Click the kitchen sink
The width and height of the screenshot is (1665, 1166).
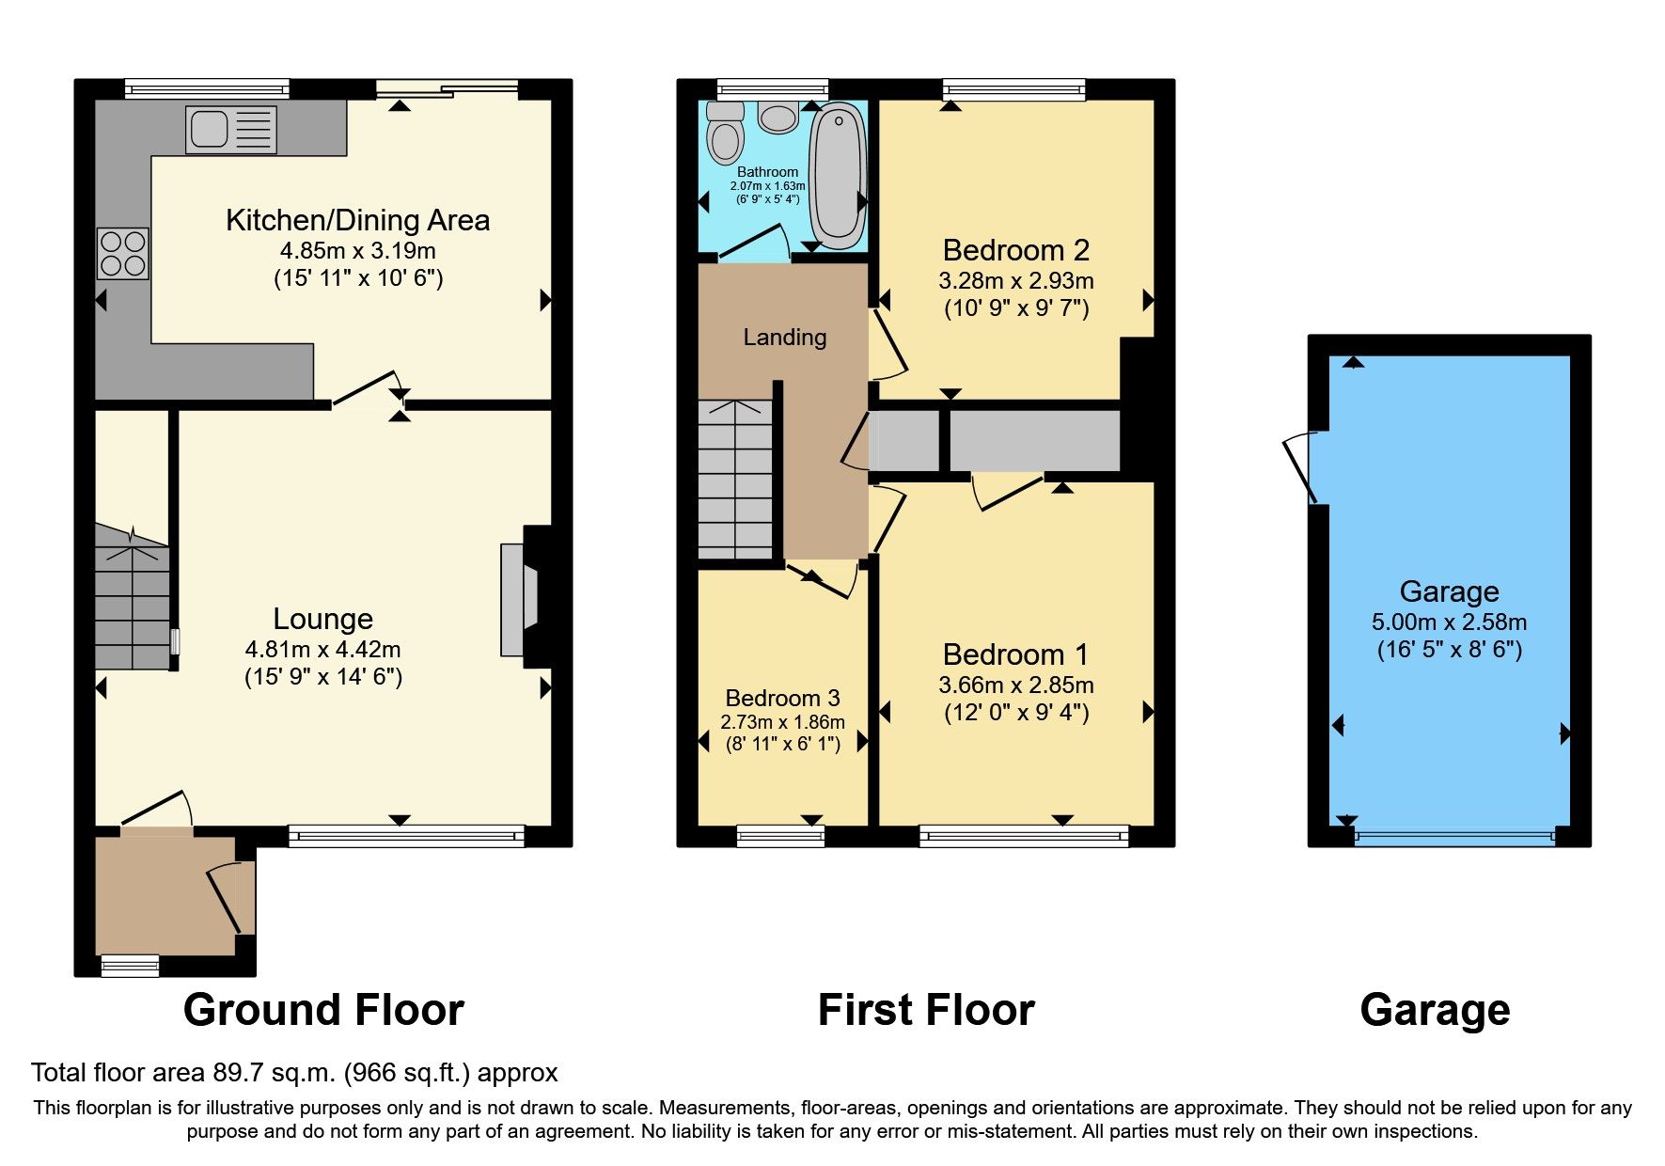231,129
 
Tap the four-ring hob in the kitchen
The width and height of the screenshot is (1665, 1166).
123,253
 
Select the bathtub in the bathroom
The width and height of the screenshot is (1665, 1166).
839,175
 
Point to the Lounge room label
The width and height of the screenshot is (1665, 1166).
322,619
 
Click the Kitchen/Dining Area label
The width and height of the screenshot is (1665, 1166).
357,220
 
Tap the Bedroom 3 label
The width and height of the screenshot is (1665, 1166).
782,698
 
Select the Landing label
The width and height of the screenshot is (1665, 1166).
784,337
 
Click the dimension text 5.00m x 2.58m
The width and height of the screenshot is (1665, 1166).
1448,622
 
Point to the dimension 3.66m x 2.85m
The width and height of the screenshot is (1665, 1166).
1015,685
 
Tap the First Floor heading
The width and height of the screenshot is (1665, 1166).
925,1010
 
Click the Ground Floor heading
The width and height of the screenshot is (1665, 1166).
323,1010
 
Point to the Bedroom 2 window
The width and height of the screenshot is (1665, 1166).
1013,90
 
